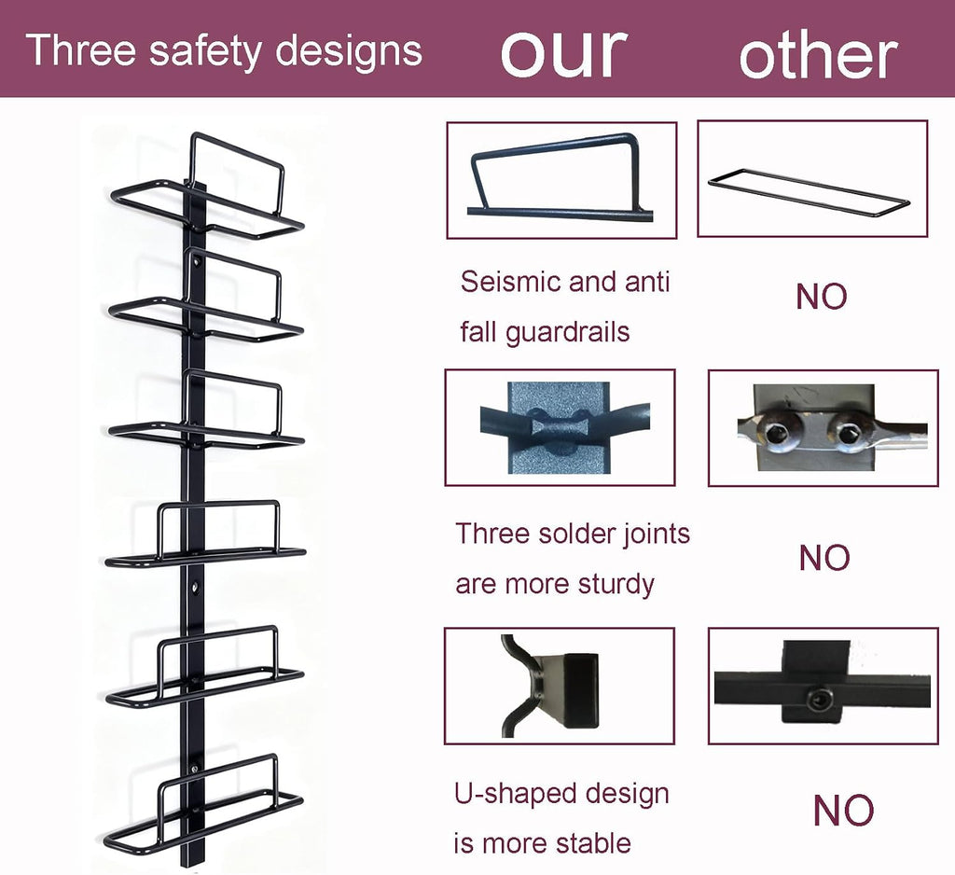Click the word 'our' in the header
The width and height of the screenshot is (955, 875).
click(x=563, y=53)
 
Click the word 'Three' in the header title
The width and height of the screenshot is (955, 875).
click(x=81, y=49)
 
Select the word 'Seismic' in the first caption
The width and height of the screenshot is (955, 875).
click(x=510, y=282)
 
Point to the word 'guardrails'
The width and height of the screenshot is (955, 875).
click(x=567, y=333)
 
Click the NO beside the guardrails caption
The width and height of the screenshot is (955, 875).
click(x=821, y=297)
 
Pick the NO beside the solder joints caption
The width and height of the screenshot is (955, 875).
click(x=824, y=558)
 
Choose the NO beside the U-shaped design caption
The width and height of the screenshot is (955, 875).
click(x=843, y=810)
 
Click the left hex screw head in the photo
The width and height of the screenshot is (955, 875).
click(x=775, y=435)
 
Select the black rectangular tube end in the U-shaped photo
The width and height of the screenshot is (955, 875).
click(x=581, y=690)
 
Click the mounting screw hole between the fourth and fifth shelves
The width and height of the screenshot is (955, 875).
click(x=194, y=588)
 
